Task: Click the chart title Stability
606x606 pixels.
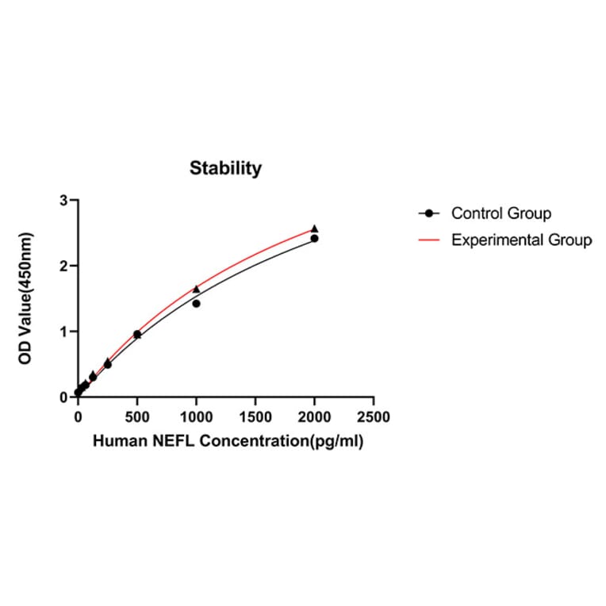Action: point(225,168)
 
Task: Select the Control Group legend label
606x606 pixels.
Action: point(501,213)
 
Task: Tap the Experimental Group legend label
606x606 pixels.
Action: point(521,240)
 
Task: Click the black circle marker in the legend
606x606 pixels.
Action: point(429,213)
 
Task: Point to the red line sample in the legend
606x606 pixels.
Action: point(429,240)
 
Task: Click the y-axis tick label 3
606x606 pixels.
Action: point(63,201)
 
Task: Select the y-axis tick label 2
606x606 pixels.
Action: point(63,267)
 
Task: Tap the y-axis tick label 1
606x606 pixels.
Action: point(63,332)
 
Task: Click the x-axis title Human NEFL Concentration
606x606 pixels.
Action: point(228,442)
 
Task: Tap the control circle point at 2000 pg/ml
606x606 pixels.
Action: point(314,238)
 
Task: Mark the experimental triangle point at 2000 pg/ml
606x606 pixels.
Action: point(314,228)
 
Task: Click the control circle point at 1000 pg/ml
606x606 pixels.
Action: point(196,303)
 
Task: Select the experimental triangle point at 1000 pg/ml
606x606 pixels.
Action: point(196,289)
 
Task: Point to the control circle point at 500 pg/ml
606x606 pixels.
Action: point(136,334)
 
